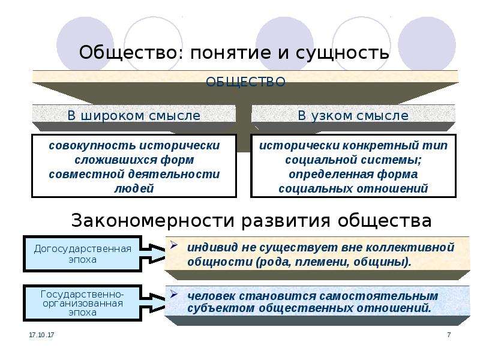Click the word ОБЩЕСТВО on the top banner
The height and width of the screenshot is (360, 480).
coord(245,82)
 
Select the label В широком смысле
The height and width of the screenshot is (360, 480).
coord(134,116)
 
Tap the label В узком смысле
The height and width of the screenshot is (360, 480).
coord(353,116)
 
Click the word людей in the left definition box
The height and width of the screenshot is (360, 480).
coord(134,188)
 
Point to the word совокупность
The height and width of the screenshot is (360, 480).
coord(92,146)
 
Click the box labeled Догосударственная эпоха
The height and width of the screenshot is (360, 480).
coord(82,254)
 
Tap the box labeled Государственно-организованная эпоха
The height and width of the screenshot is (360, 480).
coord(82,303)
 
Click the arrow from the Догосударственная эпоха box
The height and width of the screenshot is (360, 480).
coord(153,254)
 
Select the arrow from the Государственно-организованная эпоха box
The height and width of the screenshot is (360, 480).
coord(153,303)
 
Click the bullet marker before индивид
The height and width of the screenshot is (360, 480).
coord(174,245)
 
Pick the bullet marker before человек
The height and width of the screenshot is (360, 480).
coord(174,294)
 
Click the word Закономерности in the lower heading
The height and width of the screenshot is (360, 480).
coord(153,220)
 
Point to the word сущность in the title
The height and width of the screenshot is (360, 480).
coord(342,53)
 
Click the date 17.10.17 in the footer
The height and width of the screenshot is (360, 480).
coord(41,335)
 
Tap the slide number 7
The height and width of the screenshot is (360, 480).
coord(449,335)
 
